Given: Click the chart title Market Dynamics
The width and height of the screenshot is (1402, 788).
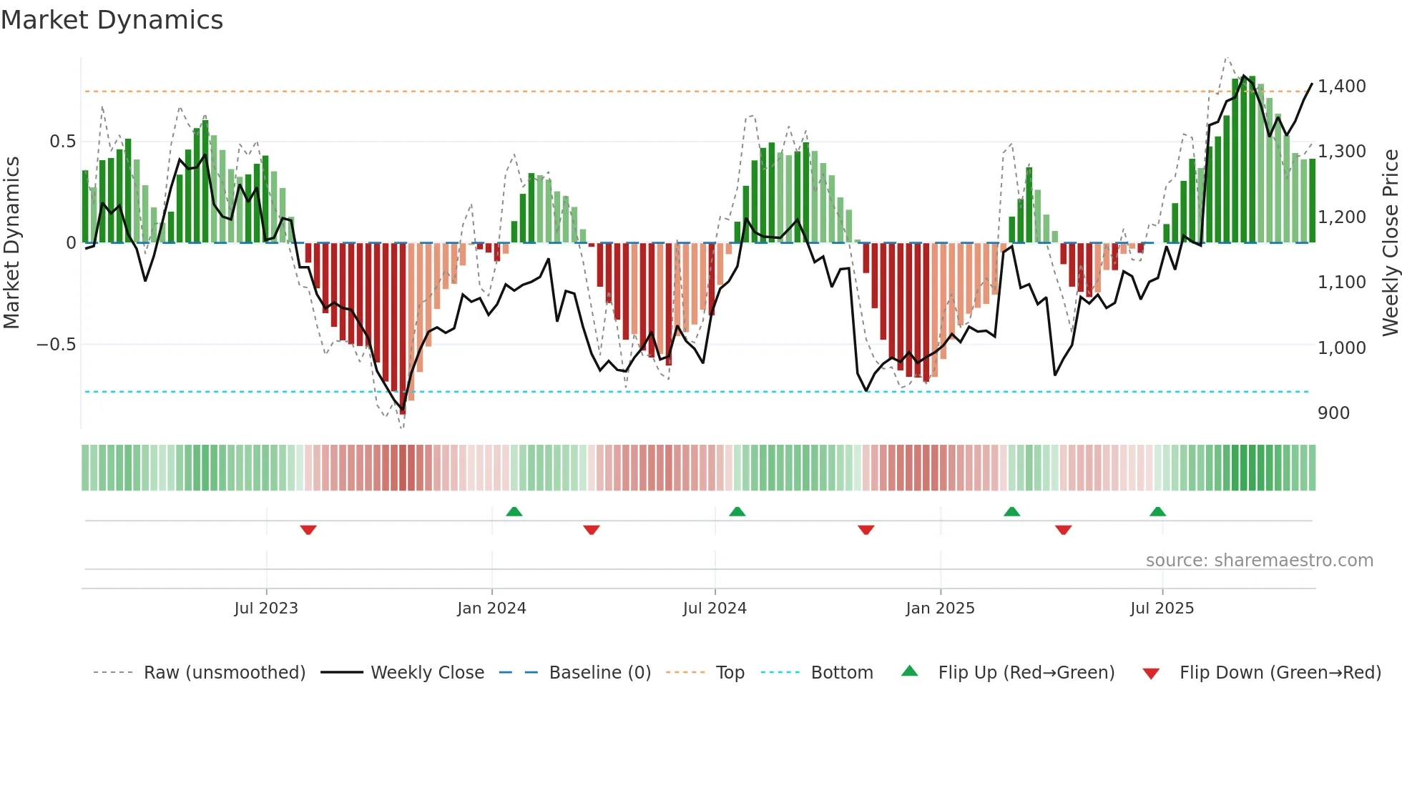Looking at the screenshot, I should (112, 20).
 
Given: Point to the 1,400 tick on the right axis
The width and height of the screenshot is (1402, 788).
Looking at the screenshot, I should (1341, 87).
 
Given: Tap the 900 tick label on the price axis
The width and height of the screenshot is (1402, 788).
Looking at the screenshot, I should (1333, 413).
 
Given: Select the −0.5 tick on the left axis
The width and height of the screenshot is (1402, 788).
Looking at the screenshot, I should (56, 345).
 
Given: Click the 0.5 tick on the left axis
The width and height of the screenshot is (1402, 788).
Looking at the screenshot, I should (62, 142).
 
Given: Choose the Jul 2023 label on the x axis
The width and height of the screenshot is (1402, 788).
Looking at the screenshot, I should (266, 609).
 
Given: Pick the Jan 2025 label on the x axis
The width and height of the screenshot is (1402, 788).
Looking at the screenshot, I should (940, 609).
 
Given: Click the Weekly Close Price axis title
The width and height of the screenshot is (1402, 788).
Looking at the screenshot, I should (1390, 242).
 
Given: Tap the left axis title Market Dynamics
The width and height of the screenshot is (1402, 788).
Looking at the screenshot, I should (12, 242).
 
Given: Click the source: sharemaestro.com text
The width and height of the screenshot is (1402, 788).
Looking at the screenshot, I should (1259, 561).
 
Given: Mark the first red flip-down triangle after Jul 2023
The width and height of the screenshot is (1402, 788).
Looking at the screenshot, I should (308, 530).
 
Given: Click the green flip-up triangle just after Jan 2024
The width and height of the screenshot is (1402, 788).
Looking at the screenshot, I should (514, 511).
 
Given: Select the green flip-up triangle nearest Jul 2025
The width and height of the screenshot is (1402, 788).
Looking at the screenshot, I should (1157, 511).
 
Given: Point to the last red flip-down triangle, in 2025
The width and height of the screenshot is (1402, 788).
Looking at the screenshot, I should (1063, 530).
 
